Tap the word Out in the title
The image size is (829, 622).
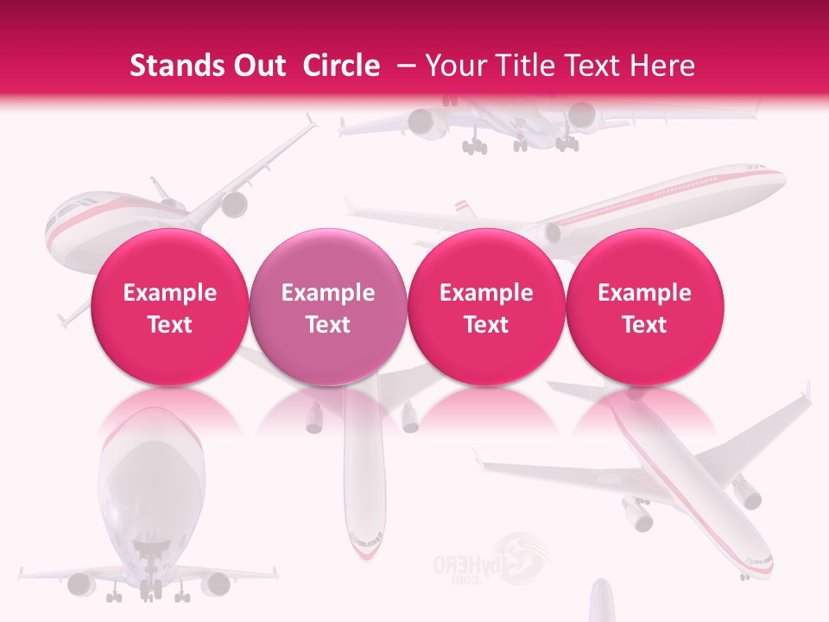(x=257, y=66)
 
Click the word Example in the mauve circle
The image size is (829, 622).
(x=328, y=293)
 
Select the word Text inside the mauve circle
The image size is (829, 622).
(x=328, y=325)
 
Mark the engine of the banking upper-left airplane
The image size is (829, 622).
(x=234, y=205)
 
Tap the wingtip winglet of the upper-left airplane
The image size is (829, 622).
(x=312, y=120)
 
